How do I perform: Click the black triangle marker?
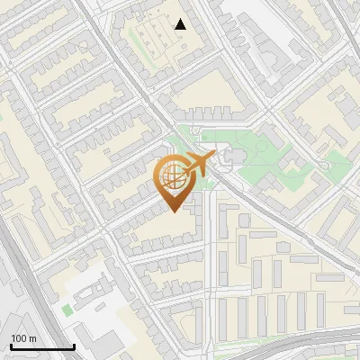pos(181,23)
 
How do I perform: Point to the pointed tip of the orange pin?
pos(174,211)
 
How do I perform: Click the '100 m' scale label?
pos(23,338)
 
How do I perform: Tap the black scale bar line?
pos(41,346)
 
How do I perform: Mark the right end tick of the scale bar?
pos(74,345)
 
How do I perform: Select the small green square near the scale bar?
pos(67,310)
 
